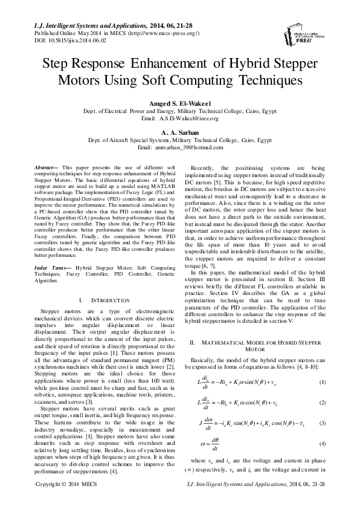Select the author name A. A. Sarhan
point(179,131)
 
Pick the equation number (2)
point(322,403)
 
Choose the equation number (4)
point(322,444)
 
